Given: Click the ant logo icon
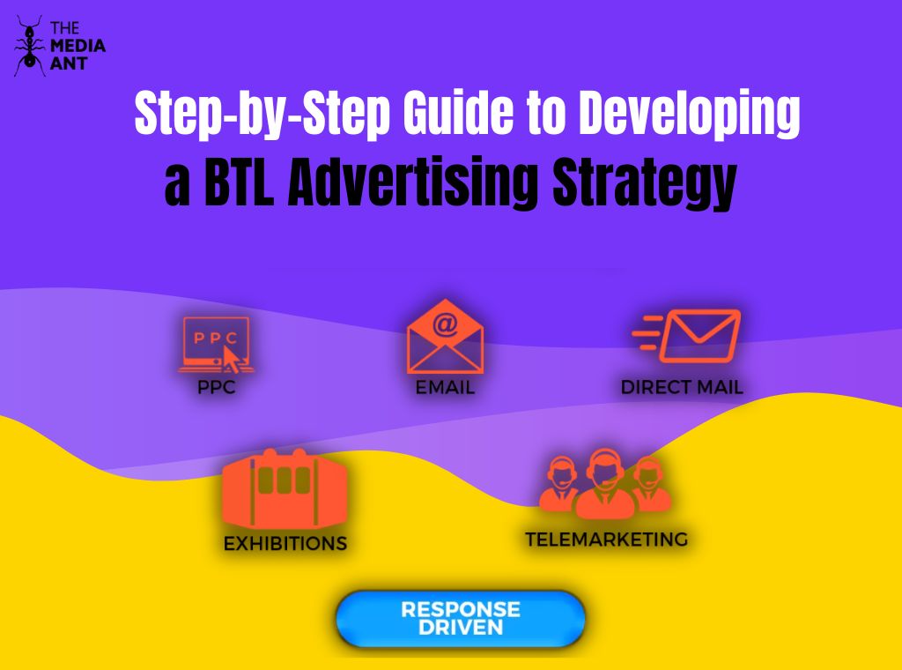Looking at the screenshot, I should [28, 45].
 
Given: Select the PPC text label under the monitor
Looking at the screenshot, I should [217, 388].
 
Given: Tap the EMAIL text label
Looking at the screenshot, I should [445, 388].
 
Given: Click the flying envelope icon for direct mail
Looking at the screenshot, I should [688, 336].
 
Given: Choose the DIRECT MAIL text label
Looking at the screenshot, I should [682, 387].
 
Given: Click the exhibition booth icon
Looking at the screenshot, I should [284, 490].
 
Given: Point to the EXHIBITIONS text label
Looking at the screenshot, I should [285, 543].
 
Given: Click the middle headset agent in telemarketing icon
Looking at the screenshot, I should [605, 481].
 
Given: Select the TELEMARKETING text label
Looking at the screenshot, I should [606, 539].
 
